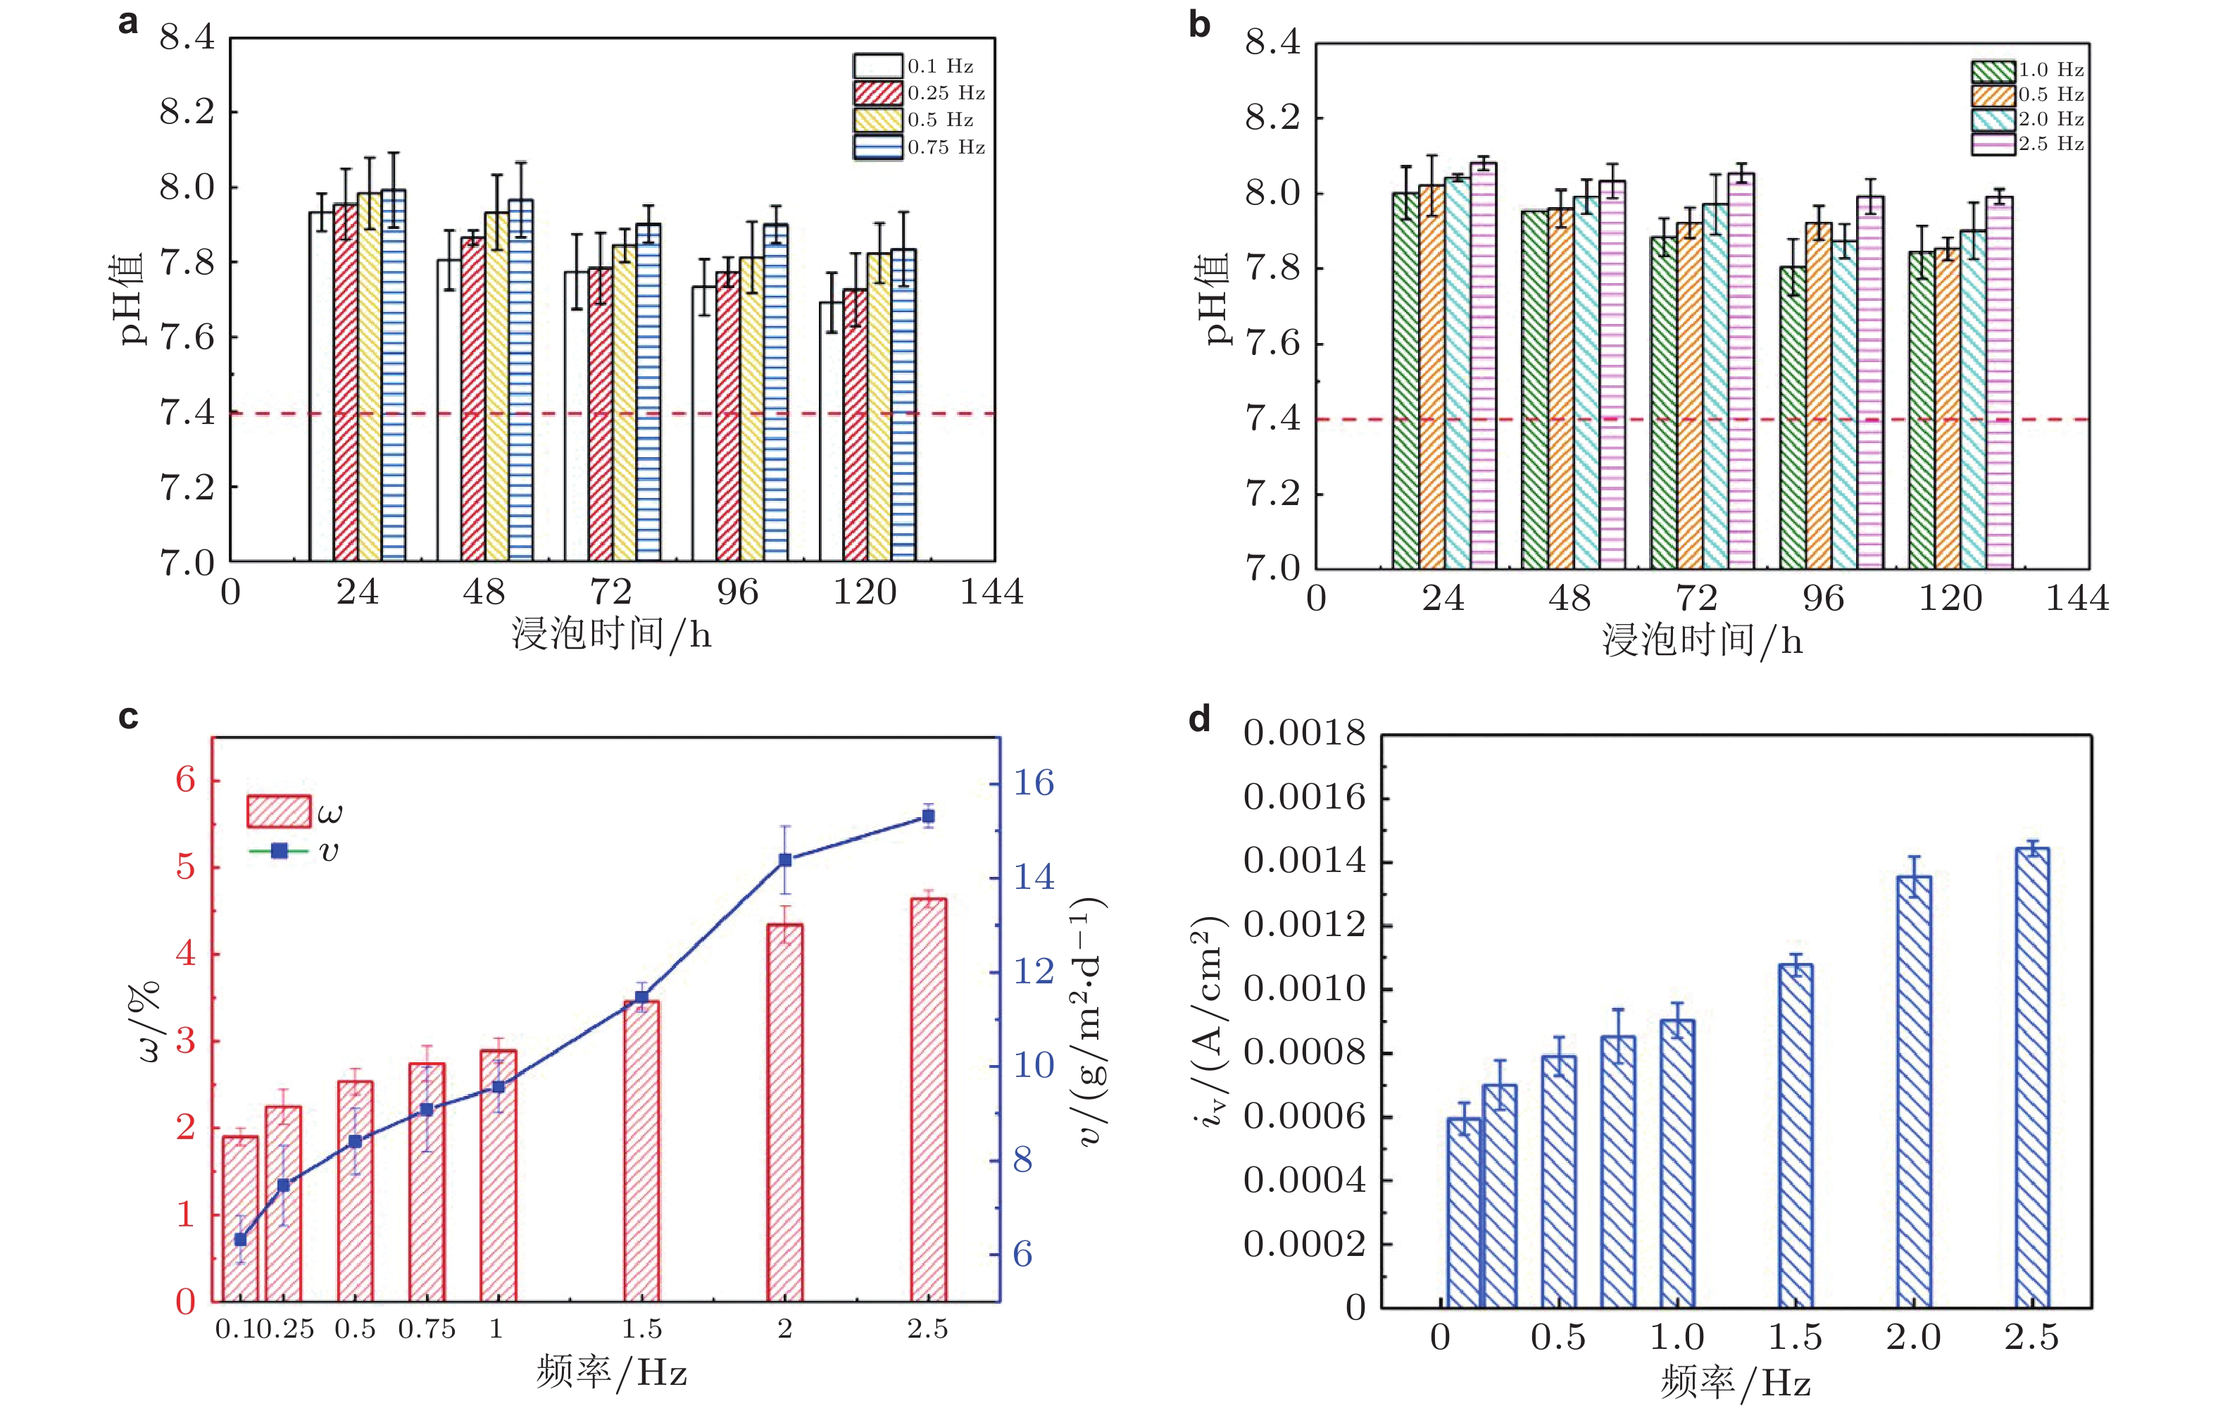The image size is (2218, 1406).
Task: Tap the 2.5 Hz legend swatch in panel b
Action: (1993, 144)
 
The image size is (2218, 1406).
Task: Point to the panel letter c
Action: (129, 717)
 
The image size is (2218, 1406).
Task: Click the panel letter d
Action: (1198, 718)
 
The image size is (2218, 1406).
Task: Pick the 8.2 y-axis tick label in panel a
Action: (187, 113)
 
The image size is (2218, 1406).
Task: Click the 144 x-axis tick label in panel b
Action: (2077, 599)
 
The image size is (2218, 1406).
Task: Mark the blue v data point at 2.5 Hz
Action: (929, 816)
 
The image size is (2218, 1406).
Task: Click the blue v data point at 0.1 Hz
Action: (240, 1239)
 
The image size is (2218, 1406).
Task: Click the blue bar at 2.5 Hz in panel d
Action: (2032, 1078)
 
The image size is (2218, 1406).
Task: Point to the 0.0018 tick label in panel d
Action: (1304, 733)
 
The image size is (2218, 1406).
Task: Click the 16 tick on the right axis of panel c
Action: (1034, 783)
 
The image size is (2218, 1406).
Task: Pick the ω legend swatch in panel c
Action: (278, 811)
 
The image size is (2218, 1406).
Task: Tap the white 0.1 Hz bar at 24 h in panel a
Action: (320, 387)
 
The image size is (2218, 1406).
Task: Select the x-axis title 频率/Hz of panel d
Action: (1736, 1383)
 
